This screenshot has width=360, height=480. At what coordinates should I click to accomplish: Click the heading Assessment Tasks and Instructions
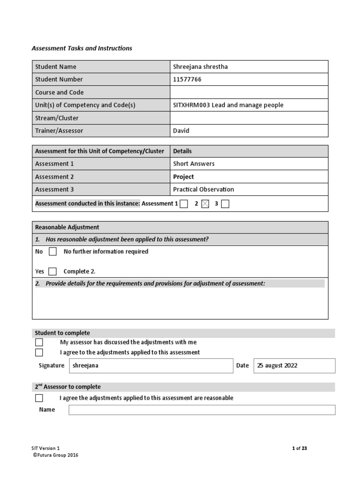pyautogui.click(x=82, y=48)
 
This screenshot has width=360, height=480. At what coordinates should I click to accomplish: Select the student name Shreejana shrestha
pyautogui.click(x=201, y=67)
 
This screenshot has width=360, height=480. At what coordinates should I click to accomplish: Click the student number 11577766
pyautogui.click(x=187, y=79)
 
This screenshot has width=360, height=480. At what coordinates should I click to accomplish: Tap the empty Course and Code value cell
pyautogui.click(x=249, y=92)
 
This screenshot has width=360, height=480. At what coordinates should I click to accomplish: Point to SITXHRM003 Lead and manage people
pyautogui.click(x=228, y=105)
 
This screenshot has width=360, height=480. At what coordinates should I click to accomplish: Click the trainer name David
pyautogui.click(x=181, y=131)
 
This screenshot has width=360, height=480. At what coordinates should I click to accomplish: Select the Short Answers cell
pyautogui.click(x=194, y=164)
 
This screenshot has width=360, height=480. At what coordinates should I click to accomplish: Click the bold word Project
pyautogui.click(x=183, y=177)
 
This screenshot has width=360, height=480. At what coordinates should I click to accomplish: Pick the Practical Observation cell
pyautogui.click(x=203, y=189)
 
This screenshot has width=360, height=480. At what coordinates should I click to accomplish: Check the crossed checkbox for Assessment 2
pyautogui.click(x=204, y=204)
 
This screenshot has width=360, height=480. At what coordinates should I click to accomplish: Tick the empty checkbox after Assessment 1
pyautogui.click(x=184, y=204)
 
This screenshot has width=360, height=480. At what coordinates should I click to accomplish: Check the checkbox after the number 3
pyautogui.click(x=225, y=204)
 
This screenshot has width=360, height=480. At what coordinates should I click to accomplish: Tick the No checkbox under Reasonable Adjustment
pyautogui.click(x=52, y=252)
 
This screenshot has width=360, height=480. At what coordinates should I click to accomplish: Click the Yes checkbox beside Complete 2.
pyautogui.click(x=52, y=271)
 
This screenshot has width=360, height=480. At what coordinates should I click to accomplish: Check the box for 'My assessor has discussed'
pyautogui.click(x=39, y=342)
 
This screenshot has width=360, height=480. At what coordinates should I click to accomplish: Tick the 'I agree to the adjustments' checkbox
pyautogui.click(x=39, y=352)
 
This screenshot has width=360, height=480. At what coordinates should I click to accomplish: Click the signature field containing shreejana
pyautogui.click(x=150, y=366)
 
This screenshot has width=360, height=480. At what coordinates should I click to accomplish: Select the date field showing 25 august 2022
pyautogui.click(x=294, y=366)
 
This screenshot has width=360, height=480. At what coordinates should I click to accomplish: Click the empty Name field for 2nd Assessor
pyautogui.click(x=202, y=410)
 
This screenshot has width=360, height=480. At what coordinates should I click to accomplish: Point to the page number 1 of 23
pyautogui.click(x=299, y=448)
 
